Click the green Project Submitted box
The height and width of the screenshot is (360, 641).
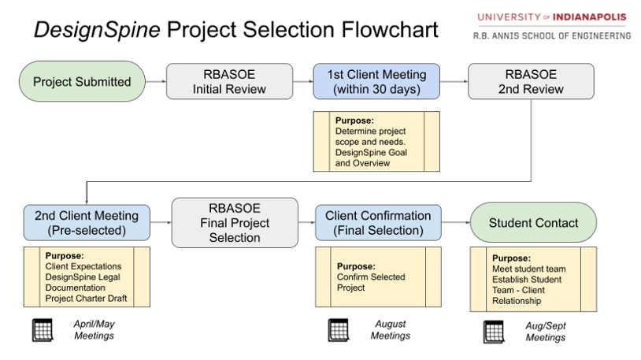pyautogui.click(x=82, y=81)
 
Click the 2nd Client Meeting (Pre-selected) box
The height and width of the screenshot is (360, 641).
pyautogui.click(x=86, y=223)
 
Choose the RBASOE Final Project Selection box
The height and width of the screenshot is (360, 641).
pyautogui.click(x=235, y=223)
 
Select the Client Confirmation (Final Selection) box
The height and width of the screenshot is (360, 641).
pyautogui.click(x=378, y=223)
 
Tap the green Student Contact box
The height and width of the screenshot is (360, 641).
pyautogui.click(x=533, y=223)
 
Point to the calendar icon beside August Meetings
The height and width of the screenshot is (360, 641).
pyautogui.click(x=339, y=329)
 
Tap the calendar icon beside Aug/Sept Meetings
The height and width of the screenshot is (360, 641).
pyautogui.click(x=494, y=332)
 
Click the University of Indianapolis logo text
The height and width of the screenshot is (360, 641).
pyautogui.click(x=551, y=17)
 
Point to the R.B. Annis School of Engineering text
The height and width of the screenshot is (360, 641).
pyautogui.click(x=551, y=35)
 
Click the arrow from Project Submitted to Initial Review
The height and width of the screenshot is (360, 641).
pyautogui.click(x=156, y=81)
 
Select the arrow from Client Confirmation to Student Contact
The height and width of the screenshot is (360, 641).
pyautogui.click(x=456, y=223)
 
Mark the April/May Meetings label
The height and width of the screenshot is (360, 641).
pyautogui.click(x=94, y=329)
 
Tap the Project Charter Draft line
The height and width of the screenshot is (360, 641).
pyautogui.click(x=86, y=299)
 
